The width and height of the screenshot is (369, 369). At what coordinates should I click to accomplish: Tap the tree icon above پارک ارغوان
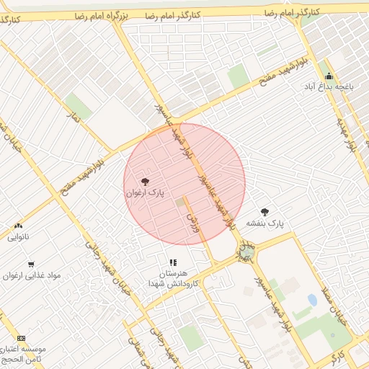click(146, 182)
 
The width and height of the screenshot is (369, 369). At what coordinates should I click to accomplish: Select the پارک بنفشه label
click(265, 223)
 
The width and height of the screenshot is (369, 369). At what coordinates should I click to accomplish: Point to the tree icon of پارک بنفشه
click(264, 212)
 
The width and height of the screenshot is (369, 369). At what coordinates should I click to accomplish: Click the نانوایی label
click(18, 236)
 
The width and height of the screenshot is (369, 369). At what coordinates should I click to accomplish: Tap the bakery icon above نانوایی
click(18, 226)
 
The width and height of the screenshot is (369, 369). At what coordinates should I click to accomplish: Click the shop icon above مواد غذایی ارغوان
click(30, 264)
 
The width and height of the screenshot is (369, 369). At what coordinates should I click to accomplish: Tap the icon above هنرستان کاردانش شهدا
click(173, 263)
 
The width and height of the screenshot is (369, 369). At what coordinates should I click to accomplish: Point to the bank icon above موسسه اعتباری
click(21, 338)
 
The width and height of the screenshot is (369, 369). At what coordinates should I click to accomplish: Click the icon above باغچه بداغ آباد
click(329, 76)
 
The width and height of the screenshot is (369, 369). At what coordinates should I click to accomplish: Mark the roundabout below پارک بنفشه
click(247, 252)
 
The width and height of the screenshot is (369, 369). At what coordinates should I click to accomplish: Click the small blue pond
click(312, 299)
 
